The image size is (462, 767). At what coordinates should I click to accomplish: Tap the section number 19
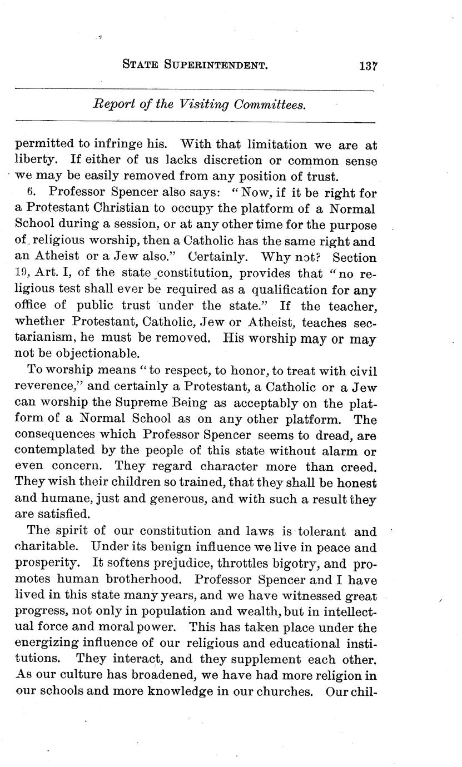22,274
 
